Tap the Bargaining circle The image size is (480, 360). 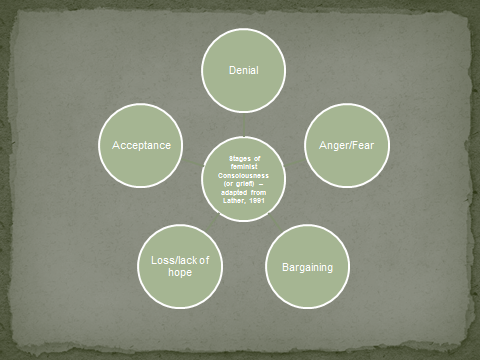[x=306, y=268]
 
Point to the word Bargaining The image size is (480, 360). [x=306, y=268]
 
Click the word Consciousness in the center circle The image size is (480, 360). [x=243, y=175]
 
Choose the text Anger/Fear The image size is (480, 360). [x=346, y=146]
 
